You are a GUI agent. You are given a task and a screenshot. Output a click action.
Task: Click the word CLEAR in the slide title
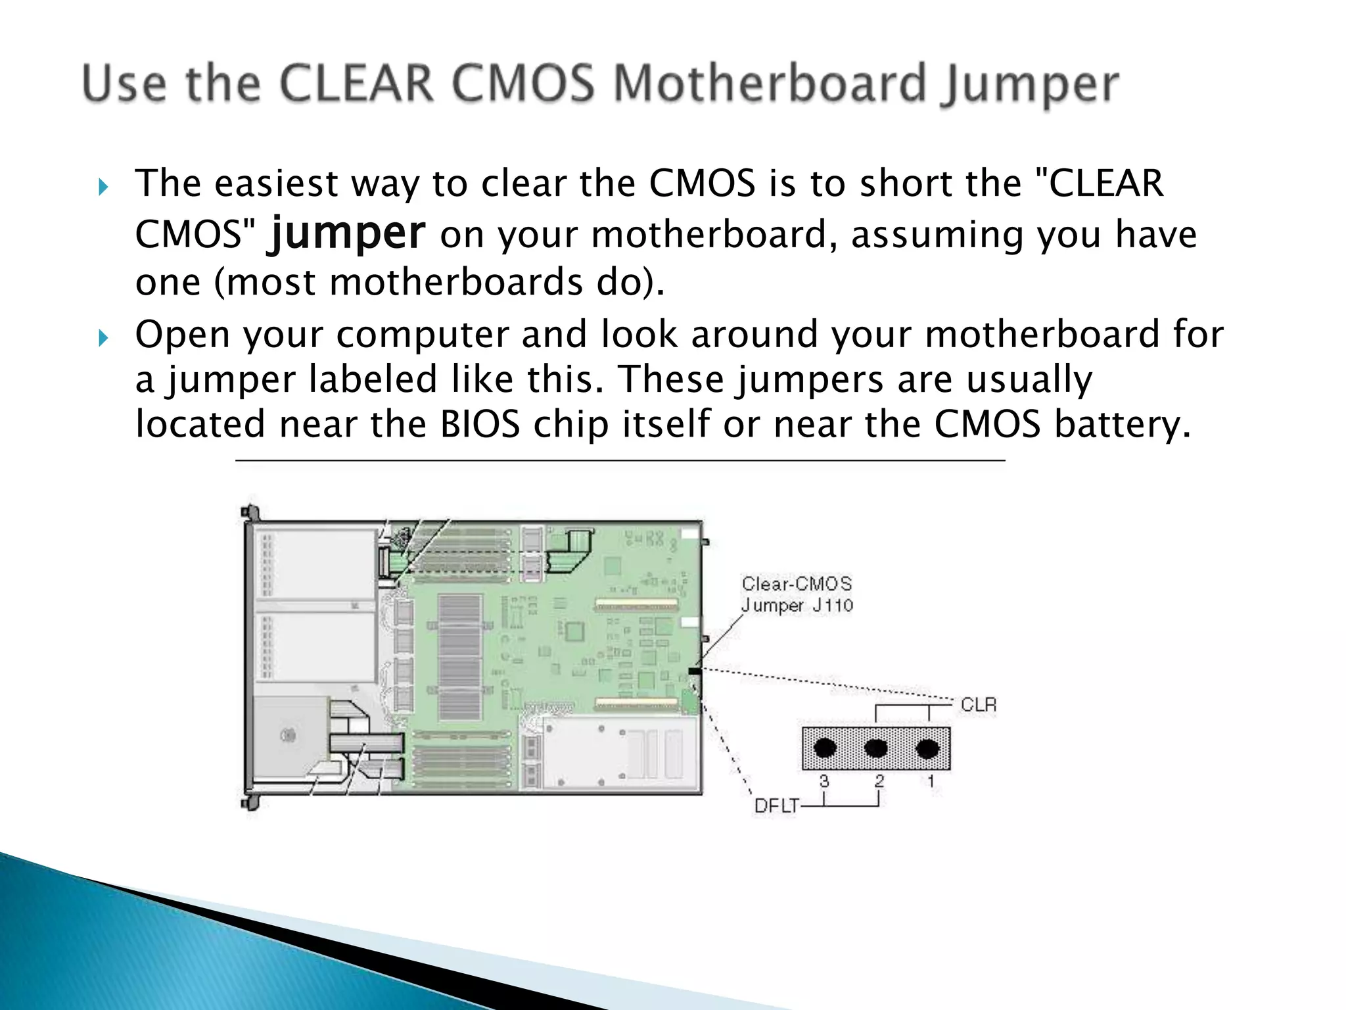pyautogui.click(x=356, y=84)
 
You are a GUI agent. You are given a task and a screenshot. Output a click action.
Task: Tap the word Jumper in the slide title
pyautogui.click(x=1029, y=85)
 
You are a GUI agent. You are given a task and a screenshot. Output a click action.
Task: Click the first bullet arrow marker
pyautogui.click(x=102, y=188)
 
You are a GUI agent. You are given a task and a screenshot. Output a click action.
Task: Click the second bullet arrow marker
pyautogui.click(x=102, y=339)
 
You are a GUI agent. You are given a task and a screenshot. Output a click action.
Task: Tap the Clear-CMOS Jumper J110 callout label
pyautogui.click(x=797, y=594)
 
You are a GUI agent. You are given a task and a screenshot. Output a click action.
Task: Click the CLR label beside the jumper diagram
pyautogui.click(x=979, y=705)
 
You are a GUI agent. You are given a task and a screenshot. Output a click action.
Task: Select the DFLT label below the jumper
pyautogui.click(x=776, y=806)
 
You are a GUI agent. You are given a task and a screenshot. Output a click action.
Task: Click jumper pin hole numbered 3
pyautogui.click(x=825, y=748)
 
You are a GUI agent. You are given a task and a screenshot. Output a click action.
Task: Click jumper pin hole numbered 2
pyautogui.click(x=876, y=748)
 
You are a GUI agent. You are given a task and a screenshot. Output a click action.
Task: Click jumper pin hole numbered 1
pyautogui.click(x=927, y=748)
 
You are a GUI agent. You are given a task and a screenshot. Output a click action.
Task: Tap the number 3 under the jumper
pyautogui.click(x=824, y=781)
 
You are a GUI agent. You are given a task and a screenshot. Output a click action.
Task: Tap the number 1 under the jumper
pyautogui.click(x=931, y=781)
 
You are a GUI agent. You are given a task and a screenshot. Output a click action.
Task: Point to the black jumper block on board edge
pyautogui.click(x=694, y=671)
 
